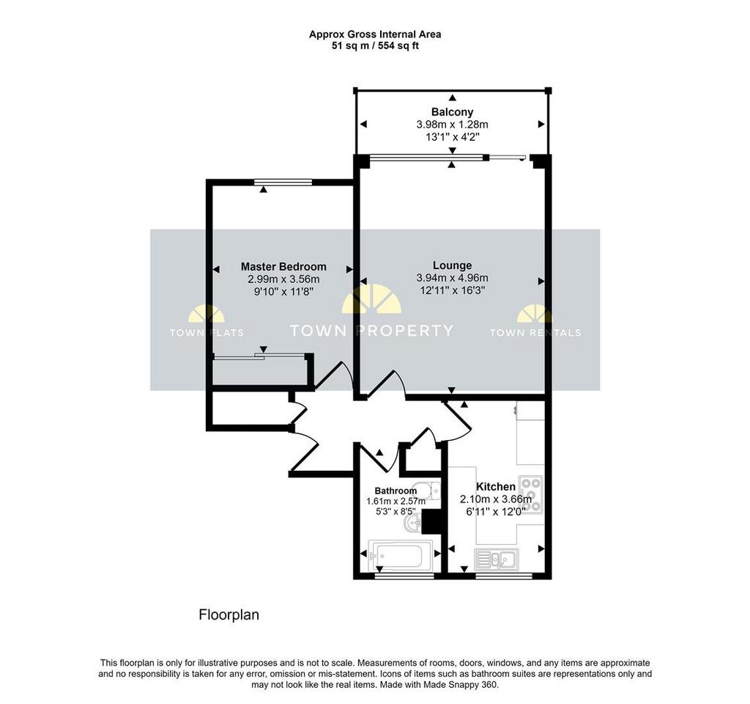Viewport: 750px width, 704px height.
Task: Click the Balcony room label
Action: point(452,112)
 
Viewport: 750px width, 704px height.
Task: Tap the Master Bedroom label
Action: point(283,267)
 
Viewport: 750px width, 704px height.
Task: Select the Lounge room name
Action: point(453,265)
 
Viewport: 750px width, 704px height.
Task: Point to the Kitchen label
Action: point(496,487)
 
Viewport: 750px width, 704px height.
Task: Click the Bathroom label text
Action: point(396,491)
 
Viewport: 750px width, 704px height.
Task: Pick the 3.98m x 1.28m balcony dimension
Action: point(452,125)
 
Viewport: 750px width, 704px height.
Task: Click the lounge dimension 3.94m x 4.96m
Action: point(452,278)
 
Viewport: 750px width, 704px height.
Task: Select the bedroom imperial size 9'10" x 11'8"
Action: point(283,292)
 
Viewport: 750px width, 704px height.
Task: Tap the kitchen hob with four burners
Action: point(532,495)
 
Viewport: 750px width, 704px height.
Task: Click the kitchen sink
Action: point(497,560)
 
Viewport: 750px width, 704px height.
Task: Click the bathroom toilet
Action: point(428,491)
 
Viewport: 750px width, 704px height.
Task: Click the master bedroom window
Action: point(283,182)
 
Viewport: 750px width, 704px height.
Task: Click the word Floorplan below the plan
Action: point(229,615)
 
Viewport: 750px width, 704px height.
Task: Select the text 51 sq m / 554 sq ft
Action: point(375,46)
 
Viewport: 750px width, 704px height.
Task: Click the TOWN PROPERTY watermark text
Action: point(371,331)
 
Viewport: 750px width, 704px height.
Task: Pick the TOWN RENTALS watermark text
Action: point(535,333)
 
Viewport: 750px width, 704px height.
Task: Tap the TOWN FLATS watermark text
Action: point(207,333)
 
